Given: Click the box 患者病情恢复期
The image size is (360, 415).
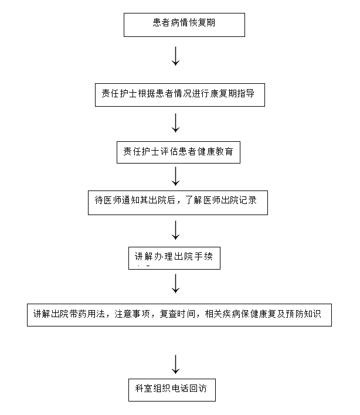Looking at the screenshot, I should (184, 25).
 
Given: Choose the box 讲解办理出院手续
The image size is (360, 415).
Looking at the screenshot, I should (175, 258).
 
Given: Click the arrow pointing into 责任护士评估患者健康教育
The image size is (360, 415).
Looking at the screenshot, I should (175, 123).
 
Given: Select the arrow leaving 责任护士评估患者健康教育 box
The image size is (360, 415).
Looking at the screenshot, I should (175, 176).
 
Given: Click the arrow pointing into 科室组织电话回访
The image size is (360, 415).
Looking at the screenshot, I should (175, 363).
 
